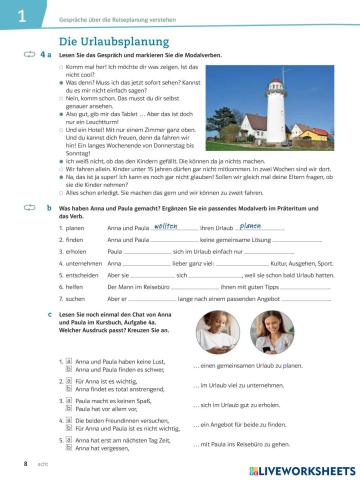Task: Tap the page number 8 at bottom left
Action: tap(11, 465)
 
